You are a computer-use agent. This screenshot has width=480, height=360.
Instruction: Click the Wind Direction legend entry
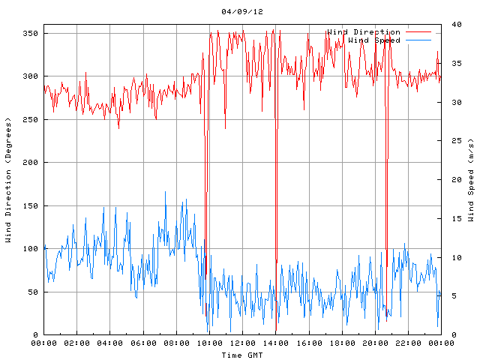click(x=364, y=32)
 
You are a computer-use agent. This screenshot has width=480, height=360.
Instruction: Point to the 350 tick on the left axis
click(x=29, y=34)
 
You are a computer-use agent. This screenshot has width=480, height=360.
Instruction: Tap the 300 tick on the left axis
click(x=29, y=76)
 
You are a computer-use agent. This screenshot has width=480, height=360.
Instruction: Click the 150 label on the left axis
click(x=29, y=205)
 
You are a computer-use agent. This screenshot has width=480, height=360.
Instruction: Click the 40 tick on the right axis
click(x=452, y=25)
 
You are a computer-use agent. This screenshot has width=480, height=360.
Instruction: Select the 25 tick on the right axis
click(x=452, y=141)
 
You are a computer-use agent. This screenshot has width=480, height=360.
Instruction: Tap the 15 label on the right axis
click(x=452, y=218)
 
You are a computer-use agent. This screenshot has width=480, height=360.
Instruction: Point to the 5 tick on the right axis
click(x=450, y=296)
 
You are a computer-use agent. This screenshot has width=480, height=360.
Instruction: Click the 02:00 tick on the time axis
click(x=76, y=343)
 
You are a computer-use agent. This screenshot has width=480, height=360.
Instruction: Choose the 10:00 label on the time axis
click(x=209, y=343)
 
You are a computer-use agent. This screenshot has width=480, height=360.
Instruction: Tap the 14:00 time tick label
click(x=275, y=343)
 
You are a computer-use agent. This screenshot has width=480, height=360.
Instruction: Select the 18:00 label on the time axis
click(x=341, y=343)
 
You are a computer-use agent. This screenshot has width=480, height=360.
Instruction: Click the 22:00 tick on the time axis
click(x=407, y=343)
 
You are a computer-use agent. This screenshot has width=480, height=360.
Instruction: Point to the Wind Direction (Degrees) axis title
click(x=9, y=180)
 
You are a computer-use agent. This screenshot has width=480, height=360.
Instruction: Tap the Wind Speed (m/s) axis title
click(x=470, y=180)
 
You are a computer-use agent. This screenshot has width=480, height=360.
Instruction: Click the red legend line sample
click(x=419, y=32)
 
